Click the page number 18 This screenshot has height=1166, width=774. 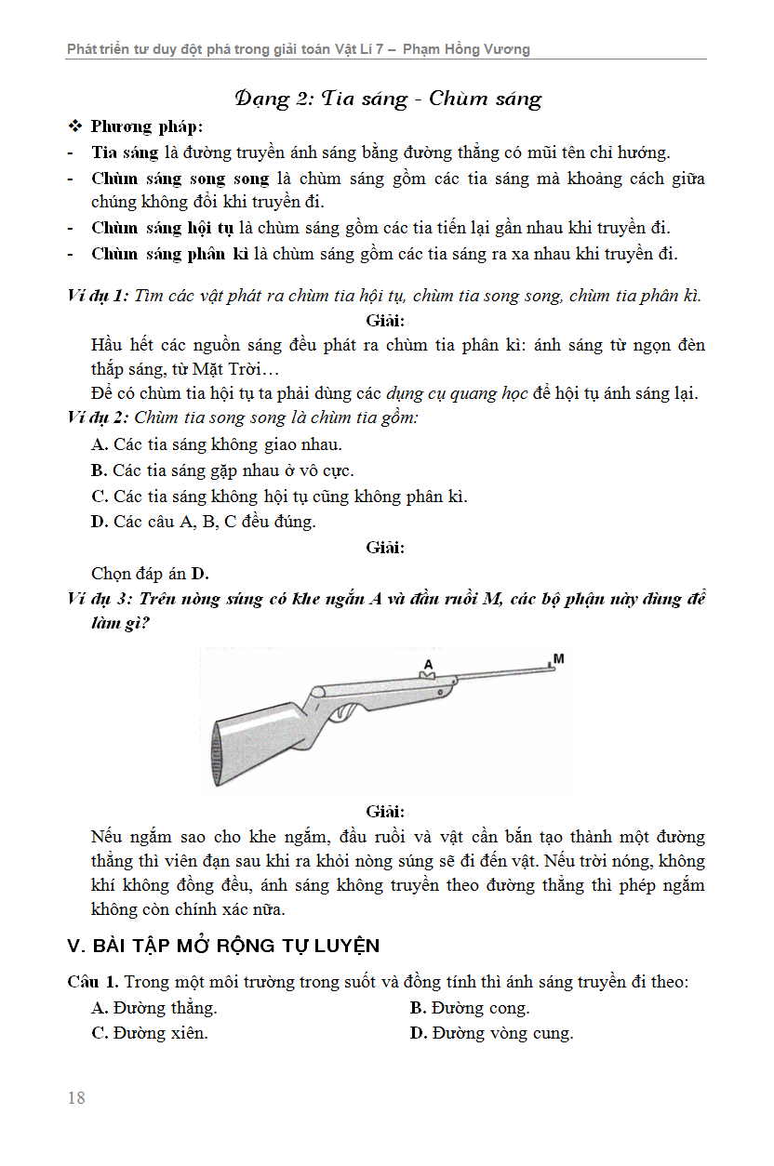pos(76,1098)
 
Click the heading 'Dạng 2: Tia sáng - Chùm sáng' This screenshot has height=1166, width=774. pos(388,99)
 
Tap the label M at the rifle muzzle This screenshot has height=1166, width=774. pos(558,659)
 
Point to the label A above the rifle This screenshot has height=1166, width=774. pos(429,664)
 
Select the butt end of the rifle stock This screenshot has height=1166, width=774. pos(222,752)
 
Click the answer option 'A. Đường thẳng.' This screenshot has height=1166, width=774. pos(154,1008)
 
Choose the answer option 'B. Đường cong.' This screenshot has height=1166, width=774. pos(470,1008)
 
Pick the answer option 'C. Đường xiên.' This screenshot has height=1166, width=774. pos(150,1033)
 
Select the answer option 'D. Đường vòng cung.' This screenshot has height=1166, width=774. pos(491,1033)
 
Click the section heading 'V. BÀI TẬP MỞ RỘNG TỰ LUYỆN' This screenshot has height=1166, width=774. pos(223,946)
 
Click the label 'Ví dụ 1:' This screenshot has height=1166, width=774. pos(99,297)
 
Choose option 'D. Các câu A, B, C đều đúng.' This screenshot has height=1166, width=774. pos(204,522)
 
